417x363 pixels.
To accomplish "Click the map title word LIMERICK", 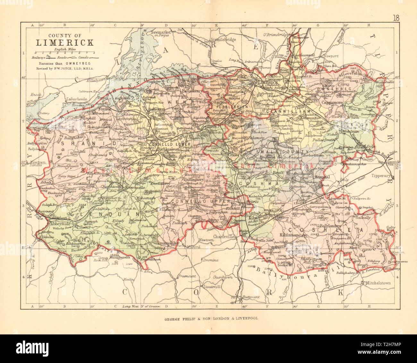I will pos(64,43).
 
